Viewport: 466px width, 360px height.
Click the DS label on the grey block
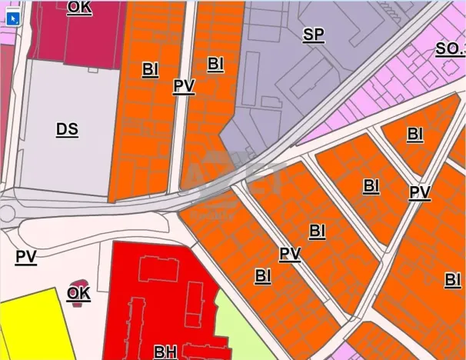click(67, 129)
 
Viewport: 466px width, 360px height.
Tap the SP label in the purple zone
click(313, 35)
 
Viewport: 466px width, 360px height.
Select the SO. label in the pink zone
click(450, 49)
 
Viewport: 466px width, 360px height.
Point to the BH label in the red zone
click(165, 352)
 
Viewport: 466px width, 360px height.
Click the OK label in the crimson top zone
click(78, 8)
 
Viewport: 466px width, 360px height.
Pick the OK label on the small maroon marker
click(78, 293)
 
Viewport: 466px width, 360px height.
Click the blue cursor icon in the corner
click(12, 16)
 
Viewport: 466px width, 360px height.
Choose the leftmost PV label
click(26, 258)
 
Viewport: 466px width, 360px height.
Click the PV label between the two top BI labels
click(184, 86)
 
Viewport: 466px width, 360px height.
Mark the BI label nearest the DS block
click(151, 69)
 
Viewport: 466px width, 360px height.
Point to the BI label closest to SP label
click(215, 64)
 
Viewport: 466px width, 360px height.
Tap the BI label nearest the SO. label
click(415, 135)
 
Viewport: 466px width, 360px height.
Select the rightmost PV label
click(419, 193)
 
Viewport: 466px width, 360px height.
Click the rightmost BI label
click(453, 280)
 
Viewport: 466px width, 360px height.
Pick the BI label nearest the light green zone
click(264, 275)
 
